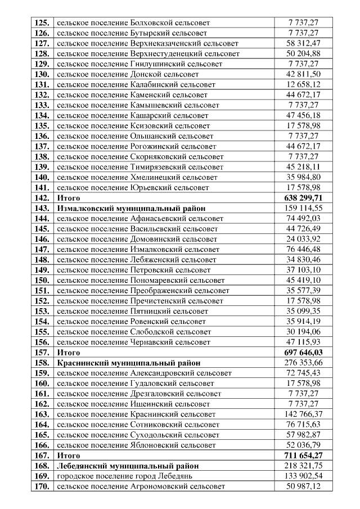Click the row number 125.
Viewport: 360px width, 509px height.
[x=42, y=23]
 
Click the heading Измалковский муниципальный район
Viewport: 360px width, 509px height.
[x=131, y=208]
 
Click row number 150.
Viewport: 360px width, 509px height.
[x=42, y=280]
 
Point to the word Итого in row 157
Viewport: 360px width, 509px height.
[x=69, y=352]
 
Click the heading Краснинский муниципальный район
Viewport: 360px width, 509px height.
[x=129, y=363]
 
